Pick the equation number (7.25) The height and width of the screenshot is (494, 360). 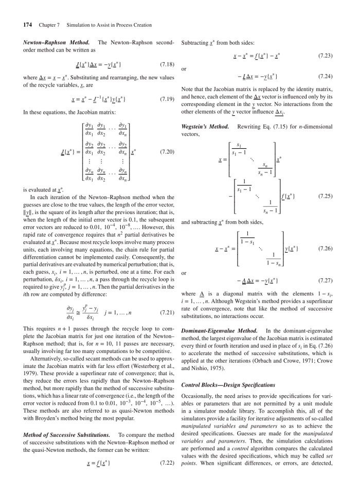pyautogui.click(x=328, y=196)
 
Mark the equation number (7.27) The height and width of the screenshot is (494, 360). pyautogui.click(x=328, y=283)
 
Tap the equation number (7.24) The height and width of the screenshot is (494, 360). pyautogui.click(x=328, y=76)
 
